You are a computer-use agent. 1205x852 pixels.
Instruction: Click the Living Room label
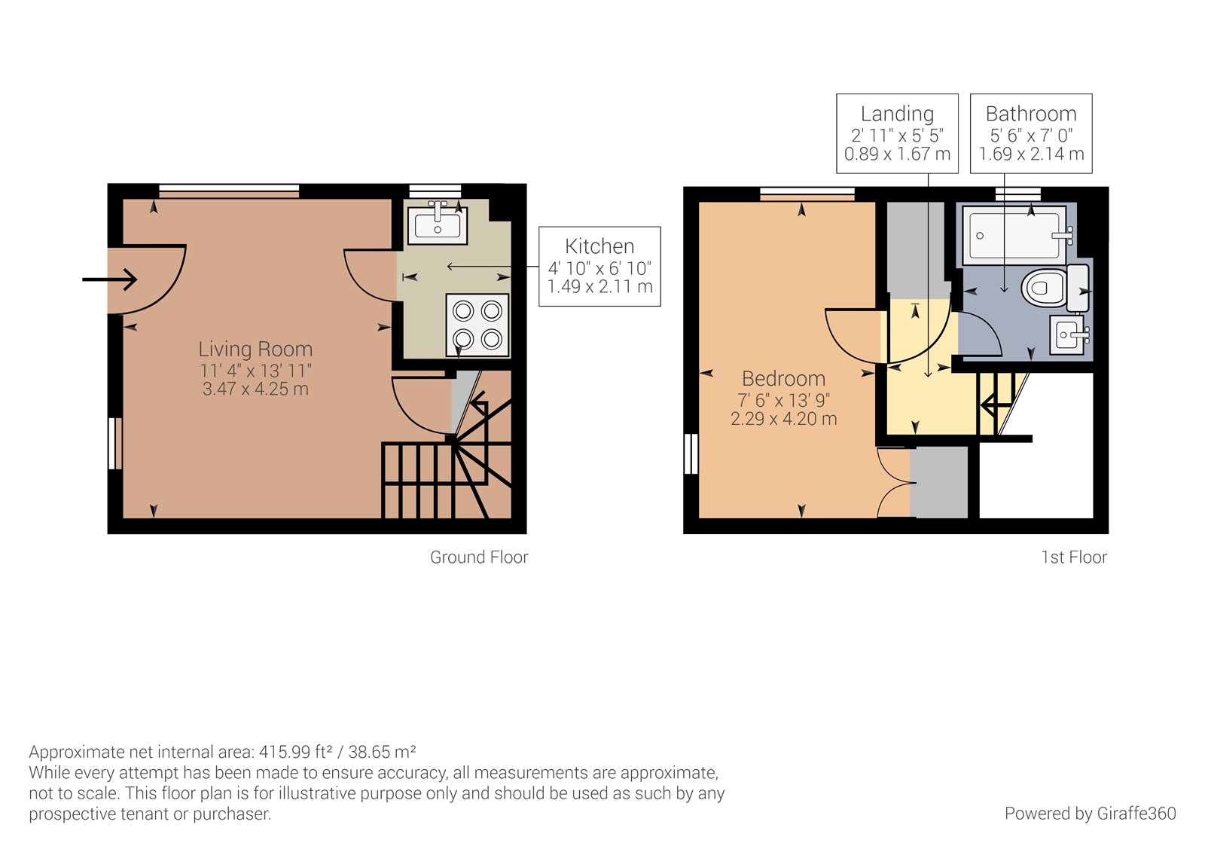click(255, 350)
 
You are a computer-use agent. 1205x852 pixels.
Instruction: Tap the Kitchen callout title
click(599, 246)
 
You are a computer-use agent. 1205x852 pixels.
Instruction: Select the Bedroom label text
click(783, 378)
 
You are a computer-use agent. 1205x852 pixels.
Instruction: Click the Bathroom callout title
click(1031, 114)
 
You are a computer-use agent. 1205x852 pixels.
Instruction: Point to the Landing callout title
click(897, 114)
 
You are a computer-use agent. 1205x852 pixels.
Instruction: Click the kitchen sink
click(438, 224)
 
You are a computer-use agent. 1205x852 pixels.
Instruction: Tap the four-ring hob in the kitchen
click(477, 325)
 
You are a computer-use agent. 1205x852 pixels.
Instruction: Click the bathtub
click(1016, 235)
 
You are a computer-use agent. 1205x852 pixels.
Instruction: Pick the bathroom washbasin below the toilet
click(1069, 334)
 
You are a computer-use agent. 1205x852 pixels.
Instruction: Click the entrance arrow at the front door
click(110, 280)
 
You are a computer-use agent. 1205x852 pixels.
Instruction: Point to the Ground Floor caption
click(479, 557)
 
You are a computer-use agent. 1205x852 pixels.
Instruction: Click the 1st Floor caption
click(1074, 557)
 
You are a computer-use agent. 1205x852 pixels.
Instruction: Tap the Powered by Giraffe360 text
click(1090, 814)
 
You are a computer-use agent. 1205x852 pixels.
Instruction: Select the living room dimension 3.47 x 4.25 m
click(255, 389)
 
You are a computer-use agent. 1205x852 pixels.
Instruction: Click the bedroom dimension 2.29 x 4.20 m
click(783, 419)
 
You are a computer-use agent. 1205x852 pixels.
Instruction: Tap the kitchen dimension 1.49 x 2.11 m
click(599, 287)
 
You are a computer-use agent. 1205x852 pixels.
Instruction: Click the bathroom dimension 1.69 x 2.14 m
click(1031, 154)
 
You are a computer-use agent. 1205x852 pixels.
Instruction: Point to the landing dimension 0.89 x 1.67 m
click(897, 154)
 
